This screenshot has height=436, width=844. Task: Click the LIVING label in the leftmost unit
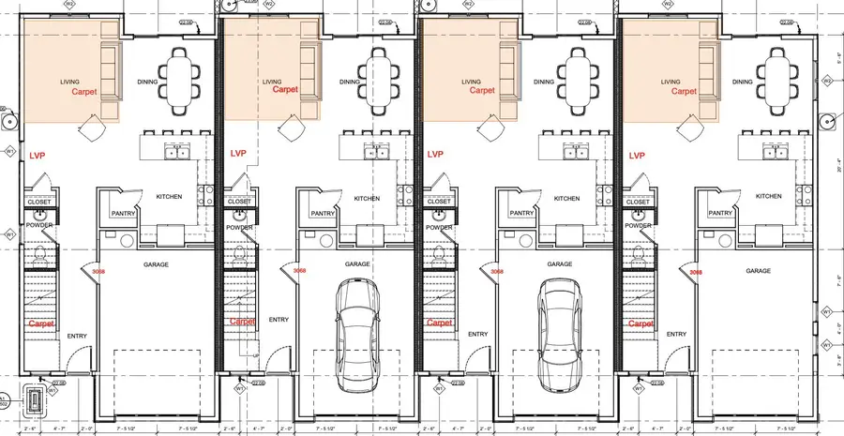click(x=69, y=82)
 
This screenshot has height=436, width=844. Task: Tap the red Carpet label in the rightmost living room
click(x=685, y=91)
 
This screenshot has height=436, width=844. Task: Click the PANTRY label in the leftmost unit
click(x=125, y=213)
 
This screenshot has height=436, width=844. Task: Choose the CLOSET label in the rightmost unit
click(x=638, y=202)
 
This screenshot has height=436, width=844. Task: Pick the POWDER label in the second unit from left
click(x=239, y=225)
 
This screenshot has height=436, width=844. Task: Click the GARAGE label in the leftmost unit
click(x=156, y=265)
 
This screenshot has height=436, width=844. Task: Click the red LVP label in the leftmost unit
click(x=38, y=155)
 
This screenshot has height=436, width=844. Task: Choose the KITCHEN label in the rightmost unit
click(x=768, y=197)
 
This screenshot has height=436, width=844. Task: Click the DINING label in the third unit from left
click(x=542, y=83)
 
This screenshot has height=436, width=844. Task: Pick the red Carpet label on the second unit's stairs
click(x=240, y=322)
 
